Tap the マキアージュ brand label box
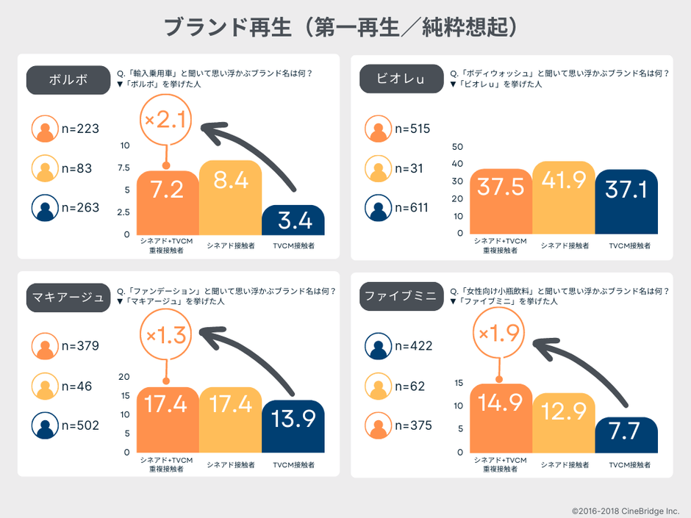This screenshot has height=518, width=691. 68,297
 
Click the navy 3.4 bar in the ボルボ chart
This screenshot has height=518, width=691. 293,220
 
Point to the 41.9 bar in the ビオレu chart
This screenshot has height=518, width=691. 564,198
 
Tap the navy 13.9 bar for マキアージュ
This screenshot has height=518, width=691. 293,425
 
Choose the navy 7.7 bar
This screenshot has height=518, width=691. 626,436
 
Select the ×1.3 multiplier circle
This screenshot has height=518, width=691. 166,337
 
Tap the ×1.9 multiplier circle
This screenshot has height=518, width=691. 499,334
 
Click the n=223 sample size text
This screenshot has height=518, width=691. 80,129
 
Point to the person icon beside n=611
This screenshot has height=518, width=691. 379,208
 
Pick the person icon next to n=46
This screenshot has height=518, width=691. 46,386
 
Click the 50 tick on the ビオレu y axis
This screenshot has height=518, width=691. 457,145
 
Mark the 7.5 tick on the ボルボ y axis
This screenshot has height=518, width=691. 123,168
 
